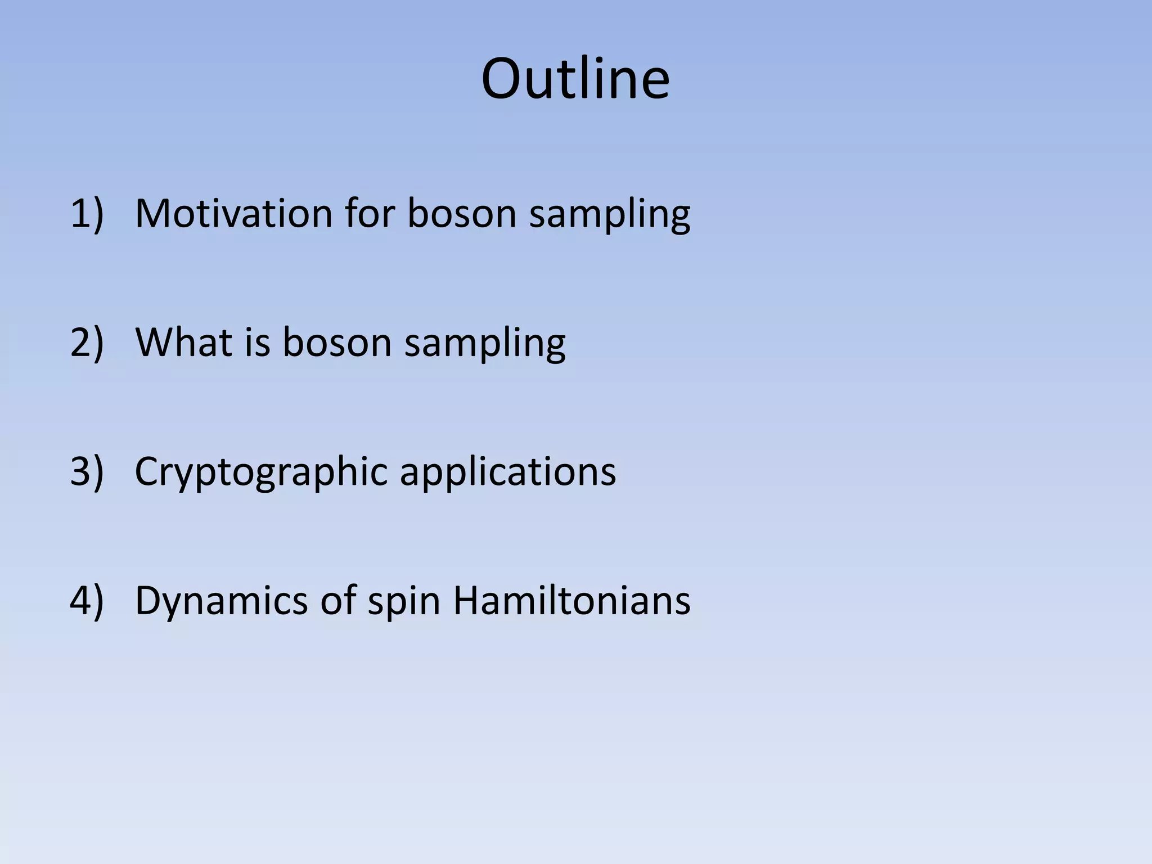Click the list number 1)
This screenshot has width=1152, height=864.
click(x=87, y=214)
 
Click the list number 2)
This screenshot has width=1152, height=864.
click(x=87, y=342)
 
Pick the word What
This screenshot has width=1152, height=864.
click(x=183, y=342)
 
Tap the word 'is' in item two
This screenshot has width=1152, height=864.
click(x=257, y=342)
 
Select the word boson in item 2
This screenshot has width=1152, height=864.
click(x=336, y=342)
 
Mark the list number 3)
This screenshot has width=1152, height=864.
click(x=87, y=471)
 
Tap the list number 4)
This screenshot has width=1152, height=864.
click(x=87, y=600)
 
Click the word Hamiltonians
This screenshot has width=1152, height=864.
click(x=571, y=600)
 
